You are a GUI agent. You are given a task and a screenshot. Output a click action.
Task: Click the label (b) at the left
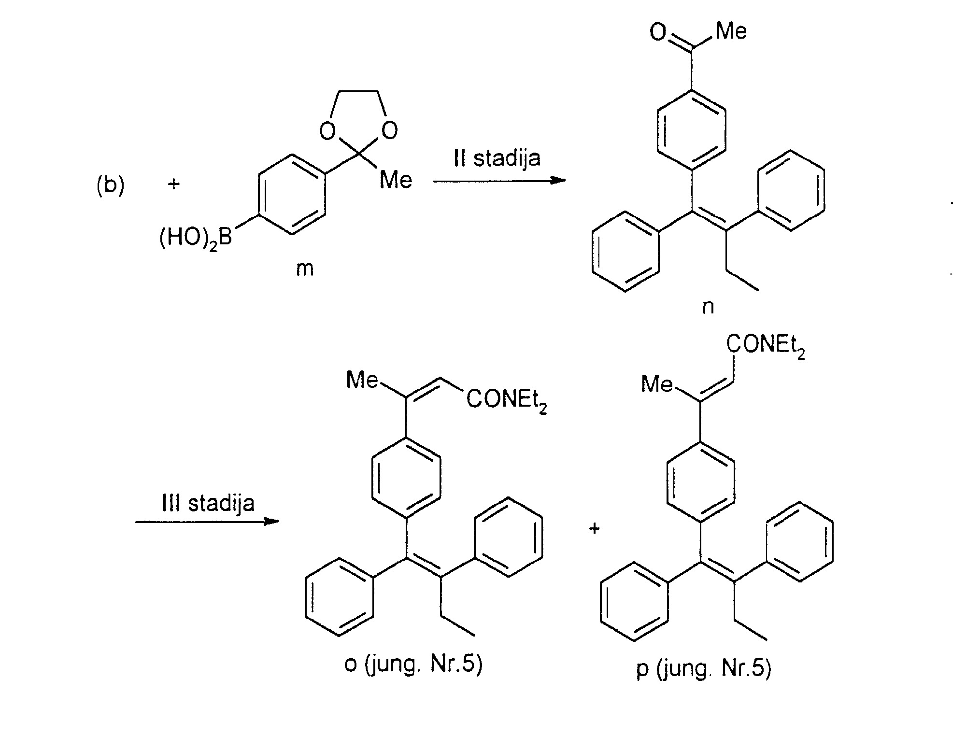(110, 185)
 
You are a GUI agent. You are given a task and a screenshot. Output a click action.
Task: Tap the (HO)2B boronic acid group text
(196, 238)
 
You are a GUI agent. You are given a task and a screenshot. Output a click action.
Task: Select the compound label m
(305, 269)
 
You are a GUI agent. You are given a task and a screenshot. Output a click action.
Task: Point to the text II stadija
(497, 158)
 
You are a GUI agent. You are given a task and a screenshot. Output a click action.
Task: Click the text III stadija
(208, 503)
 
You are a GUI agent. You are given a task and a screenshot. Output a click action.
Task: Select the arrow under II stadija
(499, 181)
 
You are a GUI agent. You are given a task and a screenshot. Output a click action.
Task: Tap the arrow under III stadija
(207, 522)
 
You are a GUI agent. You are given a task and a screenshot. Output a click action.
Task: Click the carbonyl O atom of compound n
(657, 32)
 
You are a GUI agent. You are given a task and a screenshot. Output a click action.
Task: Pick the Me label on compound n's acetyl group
(731, 31)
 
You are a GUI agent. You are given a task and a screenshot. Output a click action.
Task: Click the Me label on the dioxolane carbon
(396, 180)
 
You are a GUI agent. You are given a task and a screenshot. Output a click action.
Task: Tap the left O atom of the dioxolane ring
(327, 130)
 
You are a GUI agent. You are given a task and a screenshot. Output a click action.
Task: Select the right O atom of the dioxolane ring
(389, 130)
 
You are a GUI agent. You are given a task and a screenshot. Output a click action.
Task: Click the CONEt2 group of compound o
(507, 401)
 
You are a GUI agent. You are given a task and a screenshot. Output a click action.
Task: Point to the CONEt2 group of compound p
(766, 346)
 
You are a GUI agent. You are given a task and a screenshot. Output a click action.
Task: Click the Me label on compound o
(362, 380)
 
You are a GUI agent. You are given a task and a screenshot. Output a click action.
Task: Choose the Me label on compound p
(657, 385)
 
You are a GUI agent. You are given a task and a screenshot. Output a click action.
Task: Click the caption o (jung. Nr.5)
(413, 665)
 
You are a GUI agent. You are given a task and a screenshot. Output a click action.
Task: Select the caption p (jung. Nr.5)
(704, 669)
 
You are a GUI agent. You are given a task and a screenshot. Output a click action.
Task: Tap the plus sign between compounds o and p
(594, 528)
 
